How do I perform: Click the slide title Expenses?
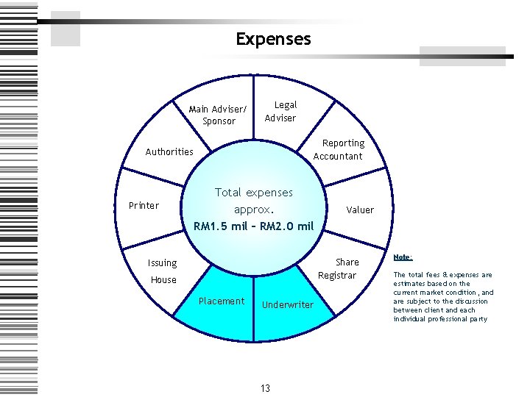click(273, 39)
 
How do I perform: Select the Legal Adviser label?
click(280, 112)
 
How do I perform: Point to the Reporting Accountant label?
click(338, 149)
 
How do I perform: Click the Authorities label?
click(169, 152)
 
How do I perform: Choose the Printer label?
click(144, 205)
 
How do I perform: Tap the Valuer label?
click(360, 210)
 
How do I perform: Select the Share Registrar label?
click(339, 268)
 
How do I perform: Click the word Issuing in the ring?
click(162, 263)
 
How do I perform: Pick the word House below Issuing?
click(163, 280)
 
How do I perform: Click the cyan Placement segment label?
click(222, 301)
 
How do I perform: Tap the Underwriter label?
click(288, 304)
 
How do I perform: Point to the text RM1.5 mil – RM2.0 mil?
click(254, 226)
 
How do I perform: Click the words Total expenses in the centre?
click(253, 193)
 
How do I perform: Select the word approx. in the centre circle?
click(254, 209)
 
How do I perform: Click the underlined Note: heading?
click(403, 257)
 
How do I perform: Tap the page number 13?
click(265, 388)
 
